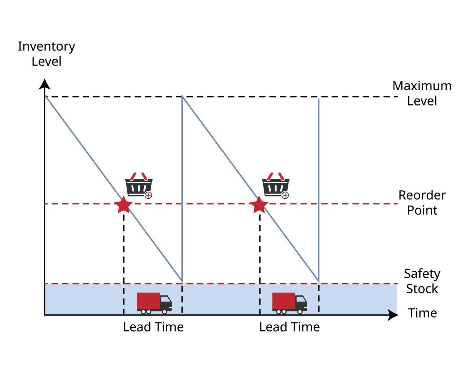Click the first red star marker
pyautogui.click(x=124, y=205)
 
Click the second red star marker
pyautogui.click(x=259, y=205)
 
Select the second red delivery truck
pyautogui.click(x=290, y=303)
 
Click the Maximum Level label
pyautogui.click(x=422, y=93)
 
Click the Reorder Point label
pyautogui.click(x=422, y=203)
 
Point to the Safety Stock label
pyautogui.click(x=422, y=281)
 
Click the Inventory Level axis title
pyautogui.click(x=46, y=54)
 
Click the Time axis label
pyautogui.click(x=422, y=313)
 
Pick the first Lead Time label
pyautogui.click(x=153, y=327)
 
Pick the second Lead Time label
pyautogui.click(x=289, y=327)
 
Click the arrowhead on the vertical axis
pyautogui.click(x=45, y=84)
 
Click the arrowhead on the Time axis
pyautogui.click(x=393, y=315)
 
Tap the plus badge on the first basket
pyautogui.click(x=148, y=195)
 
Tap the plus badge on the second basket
pyautogui.click(x=285, y=195)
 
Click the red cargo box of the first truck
pyautogui.click(x=148, y=301)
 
